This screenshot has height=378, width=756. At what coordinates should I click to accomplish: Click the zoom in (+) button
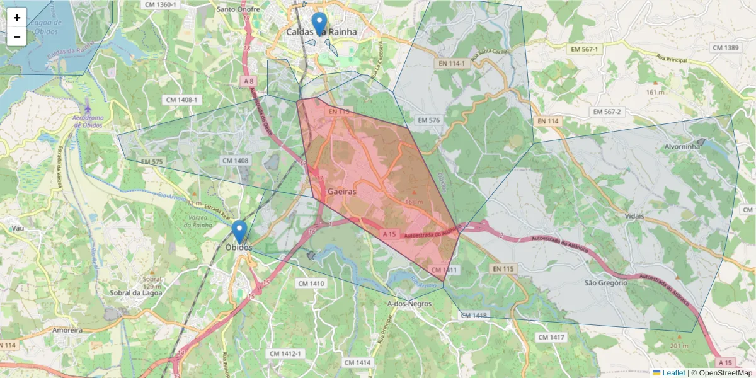point(17,18)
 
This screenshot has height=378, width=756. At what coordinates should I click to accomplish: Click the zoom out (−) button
point(17,37)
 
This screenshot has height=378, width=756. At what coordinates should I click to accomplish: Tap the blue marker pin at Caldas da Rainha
point(320,23)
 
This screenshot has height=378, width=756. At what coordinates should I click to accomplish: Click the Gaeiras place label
point(342,191)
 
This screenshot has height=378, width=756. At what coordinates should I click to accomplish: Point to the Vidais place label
point(634,216)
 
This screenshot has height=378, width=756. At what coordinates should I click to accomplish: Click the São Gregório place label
point(605,283)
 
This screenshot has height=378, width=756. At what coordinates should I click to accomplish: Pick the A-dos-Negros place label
point(409,304)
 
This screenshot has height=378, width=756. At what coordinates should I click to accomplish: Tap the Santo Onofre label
point(238,9)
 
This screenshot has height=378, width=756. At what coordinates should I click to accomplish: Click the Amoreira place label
point(69,330)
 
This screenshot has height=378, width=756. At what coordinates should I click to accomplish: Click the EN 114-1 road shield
point(452,64)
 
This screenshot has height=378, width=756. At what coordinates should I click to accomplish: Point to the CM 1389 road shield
point(724,48)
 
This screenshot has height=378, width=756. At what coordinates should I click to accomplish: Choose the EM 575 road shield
point(152,162)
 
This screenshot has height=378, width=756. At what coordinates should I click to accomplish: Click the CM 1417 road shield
point(551,338)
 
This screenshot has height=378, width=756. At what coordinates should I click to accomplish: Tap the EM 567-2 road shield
point(607,112)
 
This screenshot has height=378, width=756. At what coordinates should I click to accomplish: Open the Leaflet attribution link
point(673,373)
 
